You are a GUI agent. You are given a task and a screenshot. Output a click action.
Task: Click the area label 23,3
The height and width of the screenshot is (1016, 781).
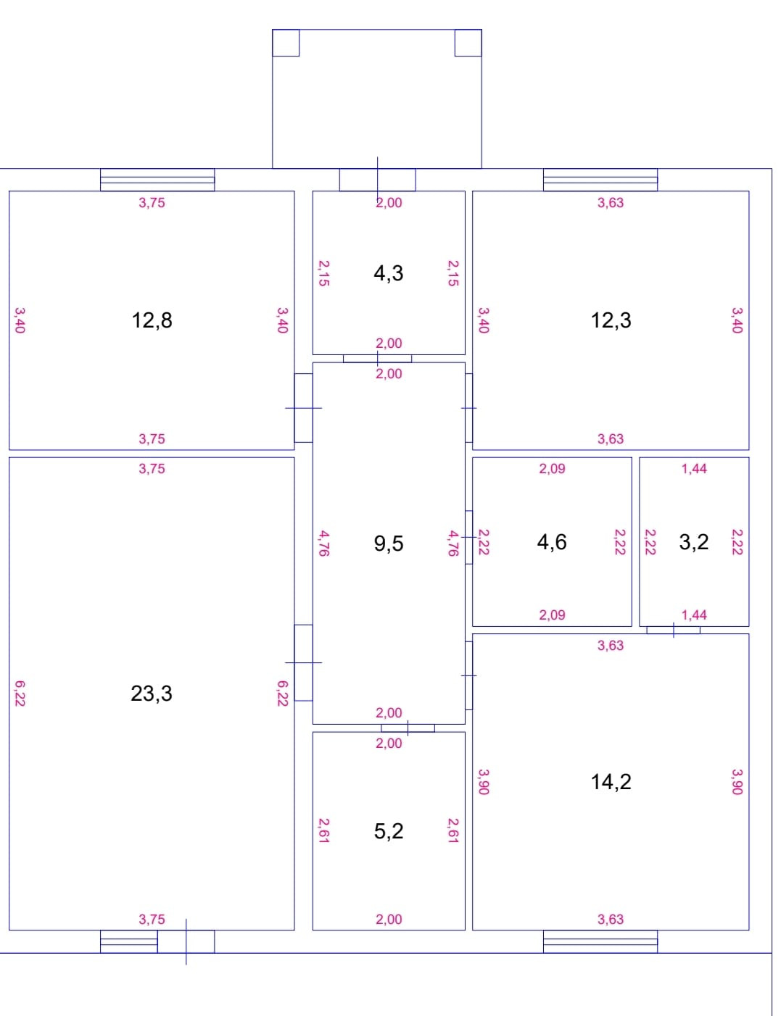152,694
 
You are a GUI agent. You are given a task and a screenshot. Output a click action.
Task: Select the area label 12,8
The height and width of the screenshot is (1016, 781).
152,320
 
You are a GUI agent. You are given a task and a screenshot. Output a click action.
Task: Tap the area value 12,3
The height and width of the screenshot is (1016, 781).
611,320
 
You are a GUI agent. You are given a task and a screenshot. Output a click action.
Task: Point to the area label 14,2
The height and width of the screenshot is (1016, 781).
611,781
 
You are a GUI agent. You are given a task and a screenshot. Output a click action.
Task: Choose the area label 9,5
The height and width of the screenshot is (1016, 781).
389,543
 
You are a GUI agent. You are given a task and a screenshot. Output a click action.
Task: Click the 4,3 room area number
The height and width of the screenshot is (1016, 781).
389,273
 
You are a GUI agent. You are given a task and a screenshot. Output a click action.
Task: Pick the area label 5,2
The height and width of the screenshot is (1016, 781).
389,830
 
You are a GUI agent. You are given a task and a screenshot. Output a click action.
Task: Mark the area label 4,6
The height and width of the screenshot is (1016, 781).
552,541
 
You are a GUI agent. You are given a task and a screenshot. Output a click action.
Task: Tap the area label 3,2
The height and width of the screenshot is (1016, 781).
694,541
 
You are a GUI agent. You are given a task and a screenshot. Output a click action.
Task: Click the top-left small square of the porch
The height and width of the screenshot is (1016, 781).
286,43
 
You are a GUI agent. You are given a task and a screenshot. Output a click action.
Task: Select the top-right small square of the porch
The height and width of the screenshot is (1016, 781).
468,43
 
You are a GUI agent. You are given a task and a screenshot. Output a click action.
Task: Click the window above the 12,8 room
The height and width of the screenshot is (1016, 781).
157,180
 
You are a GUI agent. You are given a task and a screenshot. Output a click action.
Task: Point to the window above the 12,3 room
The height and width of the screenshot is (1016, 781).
600,180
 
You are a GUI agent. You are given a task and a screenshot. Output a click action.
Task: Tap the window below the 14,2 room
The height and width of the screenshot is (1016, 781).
600,941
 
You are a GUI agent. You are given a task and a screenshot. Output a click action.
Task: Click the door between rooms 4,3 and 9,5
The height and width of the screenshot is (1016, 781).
377,358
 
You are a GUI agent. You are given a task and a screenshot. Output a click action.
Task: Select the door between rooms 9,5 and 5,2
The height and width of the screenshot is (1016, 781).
408,728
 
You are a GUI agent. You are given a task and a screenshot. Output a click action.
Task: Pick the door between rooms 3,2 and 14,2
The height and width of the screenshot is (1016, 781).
674,630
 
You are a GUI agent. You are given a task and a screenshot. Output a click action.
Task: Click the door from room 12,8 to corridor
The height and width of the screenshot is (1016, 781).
303,408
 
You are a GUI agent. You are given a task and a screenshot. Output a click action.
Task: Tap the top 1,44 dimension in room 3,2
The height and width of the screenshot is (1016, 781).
694,469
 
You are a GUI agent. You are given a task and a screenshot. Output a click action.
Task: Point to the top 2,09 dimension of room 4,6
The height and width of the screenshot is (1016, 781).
552,469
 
